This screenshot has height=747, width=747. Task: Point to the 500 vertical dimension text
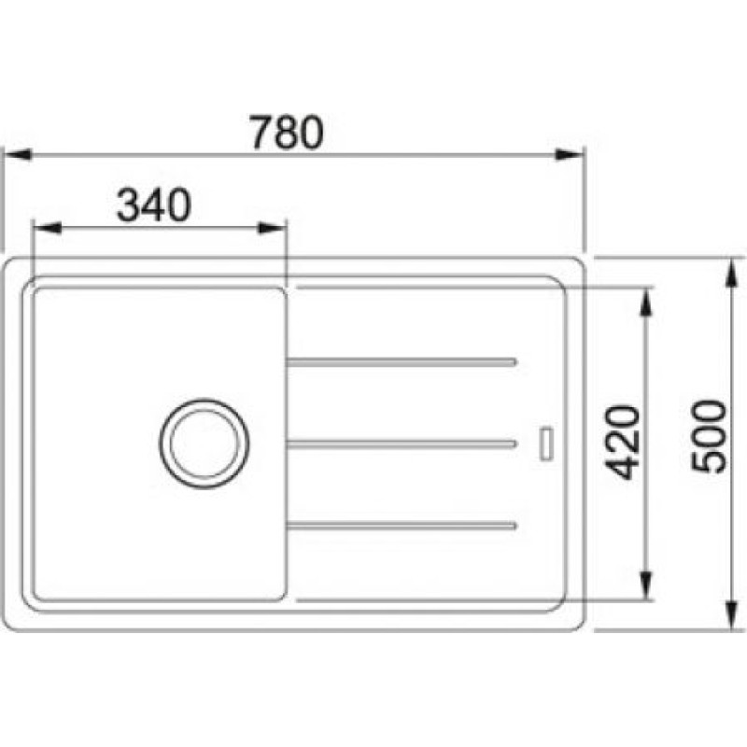[707, 436]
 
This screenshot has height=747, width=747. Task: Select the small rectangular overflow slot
[546, 444]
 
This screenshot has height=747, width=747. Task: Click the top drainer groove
[402, 361]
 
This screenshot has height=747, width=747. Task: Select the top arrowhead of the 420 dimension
[645, 301]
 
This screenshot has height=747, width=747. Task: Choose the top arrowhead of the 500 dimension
[731, 268]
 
